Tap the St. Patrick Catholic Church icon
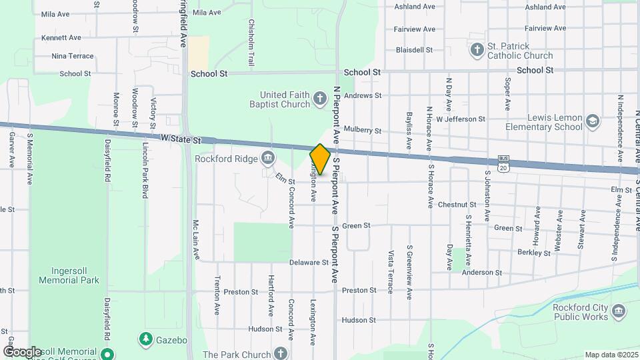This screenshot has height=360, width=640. click(x=477, y=50)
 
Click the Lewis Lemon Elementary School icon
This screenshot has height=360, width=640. click(x=593, y=122)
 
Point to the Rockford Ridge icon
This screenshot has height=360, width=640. click(x=268, y=159)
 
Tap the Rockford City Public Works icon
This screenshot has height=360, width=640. click(x=618, y=311)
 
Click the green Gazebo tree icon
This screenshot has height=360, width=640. click(x=145, y=339)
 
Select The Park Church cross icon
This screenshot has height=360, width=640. click(x=281, y=354)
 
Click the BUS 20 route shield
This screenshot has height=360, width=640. click(x=504, y=164)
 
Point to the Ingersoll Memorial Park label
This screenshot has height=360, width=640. click(x=75, y=275)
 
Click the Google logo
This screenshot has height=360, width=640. click(x=22, y=352)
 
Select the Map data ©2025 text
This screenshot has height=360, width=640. click(x=611, y=355)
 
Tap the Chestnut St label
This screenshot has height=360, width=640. click(x=457, y=205)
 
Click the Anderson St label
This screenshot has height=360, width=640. click(x=481, y=273)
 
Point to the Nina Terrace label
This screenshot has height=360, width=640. click(x=73, y=56)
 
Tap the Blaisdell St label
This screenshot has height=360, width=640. click(x=415, y=50)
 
